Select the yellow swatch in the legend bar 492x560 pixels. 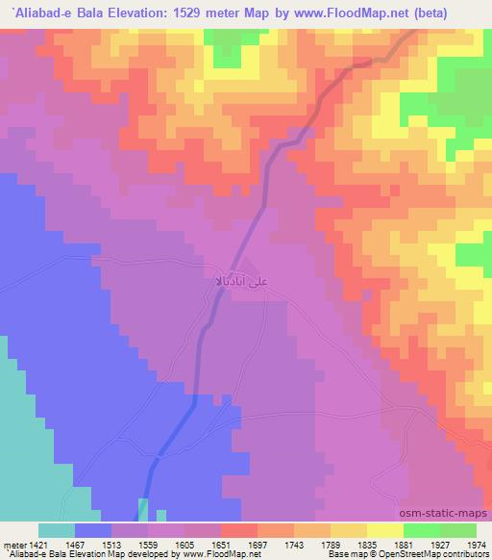click(x=385, y=530)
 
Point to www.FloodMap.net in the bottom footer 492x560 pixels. click(x=220, y=554)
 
